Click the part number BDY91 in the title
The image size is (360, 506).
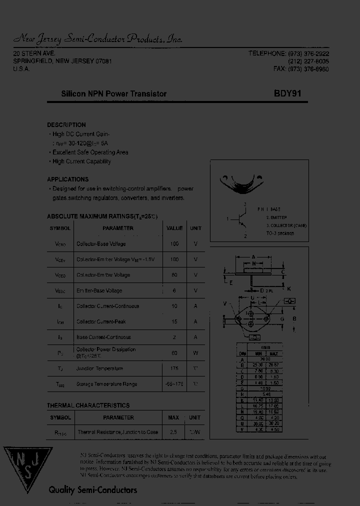(287, 93)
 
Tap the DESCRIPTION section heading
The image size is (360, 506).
(66, 125)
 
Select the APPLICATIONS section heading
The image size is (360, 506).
(67, 179)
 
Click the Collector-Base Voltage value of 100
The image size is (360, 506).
(174, 244)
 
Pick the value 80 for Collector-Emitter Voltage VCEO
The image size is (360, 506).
(174, 275)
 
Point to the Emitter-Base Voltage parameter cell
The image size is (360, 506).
(99, 290)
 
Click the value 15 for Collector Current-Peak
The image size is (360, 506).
(174, 321)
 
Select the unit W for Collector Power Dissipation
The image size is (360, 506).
(195, 353)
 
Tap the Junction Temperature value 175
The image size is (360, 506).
(174, 368)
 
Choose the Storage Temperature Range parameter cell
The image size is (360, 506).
(106, 384)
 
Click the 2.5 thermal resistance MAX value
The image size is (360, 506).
(173, 432)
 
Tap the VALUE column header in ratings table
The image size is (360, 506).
(174, 228)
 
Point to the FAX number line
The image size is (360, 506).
(301, 69)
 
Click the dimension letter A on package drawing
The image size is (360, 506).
(253, 256)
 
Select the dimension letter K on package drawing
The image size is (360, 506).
(288, 289)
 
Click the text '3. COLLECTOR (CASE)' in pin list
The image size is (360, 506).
(286, 225)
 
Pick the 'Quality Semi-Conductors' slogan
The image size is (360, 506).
(92, 490)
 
